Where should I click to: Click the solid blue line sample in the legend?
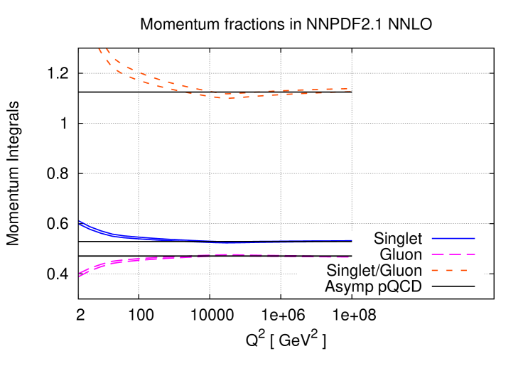point(453,239)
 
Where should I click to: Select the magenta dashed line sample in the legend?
point(453,254)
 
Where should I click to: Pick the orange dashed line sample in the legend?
point(449,271)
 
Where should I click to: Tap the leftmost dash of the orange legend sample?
point(435,271)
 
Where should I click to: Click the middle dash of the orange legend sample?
point(449,271)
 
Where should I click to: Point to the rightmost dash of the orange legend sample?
point(463,271)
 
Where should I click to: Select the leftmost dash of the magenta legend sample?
point(438,254)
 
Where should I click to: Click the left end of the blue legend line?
point(433,239)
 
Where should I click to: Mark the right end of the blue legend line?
point(475,239)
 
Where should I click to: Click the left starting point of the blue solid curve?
point(80,222)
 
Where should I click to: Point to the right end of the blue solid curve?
point(351,241)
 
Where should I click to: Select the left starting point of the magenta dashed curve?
point(80,274)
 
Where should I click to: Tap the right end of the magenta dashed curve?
point(350,257)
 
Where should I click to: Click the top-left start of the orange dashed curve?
point(99,49)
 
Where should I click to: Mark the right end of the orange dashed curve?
point(350,90)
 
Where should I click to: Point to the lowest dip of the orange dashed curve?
point(227,96)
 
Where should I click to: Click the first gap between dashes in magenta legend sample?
point(447,254)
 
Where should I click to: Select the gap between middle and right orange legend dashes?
point(456,271)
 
